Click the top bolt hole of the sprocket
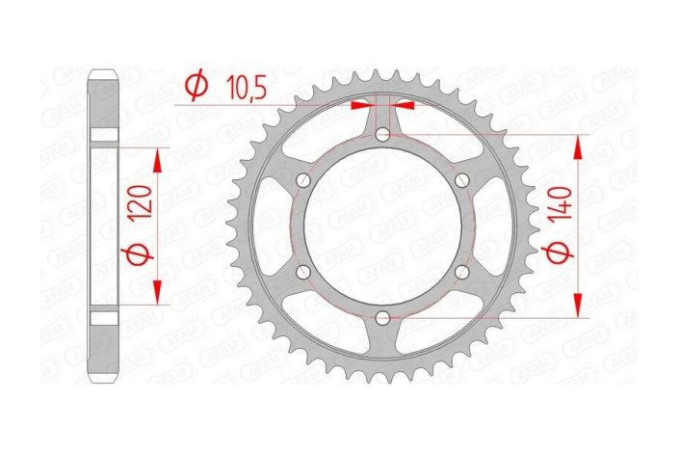pos(382,136)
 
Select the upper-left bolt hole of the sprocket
pos(304,181)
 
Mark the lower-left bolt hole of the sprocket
pos(304,273)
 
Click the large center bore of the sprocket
pos(382,226)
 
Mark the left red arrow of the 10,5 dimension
pos(360,104)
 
